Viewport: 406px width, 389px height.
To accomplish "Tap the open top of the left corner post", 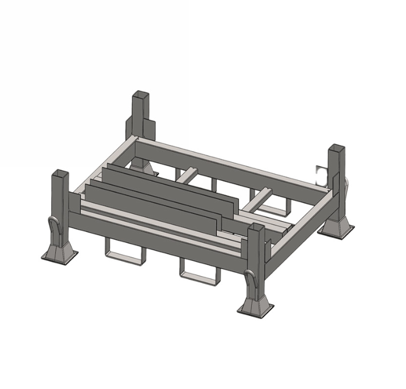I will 60,173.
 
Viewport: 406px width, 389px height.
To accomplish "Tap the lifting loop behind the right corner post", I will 346,184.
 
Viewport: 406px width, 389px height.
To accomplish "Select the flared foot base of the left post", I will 60,253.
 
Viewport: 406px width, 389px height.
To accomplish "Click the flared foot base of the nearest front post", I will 255,307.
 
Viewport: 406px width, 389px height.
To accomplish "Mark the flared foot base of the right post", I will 336,229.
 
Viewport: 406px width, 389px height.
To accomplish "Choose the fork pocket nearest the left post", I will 124,251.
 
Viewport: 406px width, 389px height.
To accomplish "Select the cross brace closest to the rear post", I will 188,175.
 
